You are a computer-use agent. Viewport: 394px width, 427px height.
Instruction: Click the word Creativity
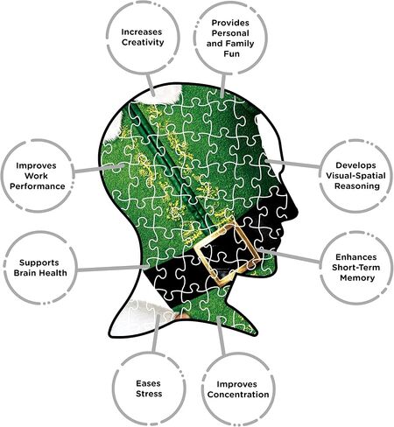point(143,43)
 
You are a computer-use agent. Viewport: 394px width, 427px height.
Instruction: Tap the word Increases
point(142,31)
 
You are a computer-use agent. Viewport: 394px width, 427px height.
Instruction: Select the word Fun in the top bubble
point(231,53)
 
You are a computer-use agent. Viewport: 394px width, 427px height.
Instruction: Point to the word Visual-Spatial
point(355,176)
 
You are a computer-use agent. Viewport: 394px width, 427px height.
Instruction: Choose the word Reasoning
point(357,186)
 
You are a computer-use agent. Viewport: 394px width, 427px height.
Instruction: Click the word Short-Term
point(355,267)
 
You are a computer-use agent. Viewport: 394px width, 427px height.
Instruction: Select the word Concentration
point(238,395)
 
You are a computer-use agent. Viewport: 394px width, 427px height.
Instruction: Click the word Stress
point(149,394)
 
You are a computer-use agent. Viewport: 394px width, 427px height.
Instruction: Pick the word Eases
point(148,383)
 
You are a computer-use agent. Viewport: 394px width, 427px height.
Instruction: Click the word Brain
point(26,273)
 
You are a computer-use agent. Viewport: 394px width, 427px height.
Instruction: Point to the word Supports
point(39,262)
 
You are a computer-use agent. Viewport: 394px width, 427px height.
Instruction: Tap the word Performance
point(38,186)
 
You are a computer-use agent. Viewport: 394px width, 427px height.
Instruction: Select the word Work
point(36,176)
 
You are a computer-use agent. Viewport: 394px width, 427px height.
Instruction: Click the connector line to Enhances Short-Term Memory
point(290,255)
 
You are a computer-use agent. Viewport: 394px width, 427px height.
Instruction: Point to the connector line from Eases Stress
point(156,333)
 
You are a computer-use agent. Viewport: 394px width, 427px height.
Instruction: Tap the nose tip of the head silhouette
point(298,211)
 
